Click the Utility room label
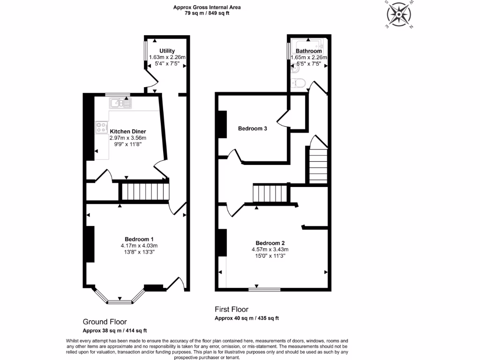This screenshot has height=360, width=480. [167, 51]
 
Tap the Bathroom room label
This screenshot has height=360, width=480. [308, 51]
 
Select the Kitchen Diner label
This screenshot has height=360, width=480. [128, 131]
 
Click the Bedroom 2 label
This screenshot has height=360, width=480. [270, 243]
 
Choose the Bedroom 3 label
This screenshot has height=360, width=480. [252, 128]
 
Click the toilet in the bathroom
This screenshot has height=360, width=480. [298, 83]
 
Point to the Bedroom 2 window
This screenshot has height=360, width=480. [264, 289]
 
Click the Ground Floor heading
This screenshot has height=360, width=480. [105, 322]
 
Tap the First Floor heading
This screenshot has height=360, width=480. [232, 309]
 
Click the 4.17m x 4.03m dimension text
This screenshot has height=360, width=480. [139, 246]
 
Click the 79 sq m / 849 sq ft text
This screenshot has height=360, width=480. [207, 13]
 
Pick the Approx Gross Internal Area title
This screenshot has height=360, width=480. [207, 7]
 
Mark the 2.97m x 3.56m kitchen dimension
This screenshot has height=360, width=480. [128, 138]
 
